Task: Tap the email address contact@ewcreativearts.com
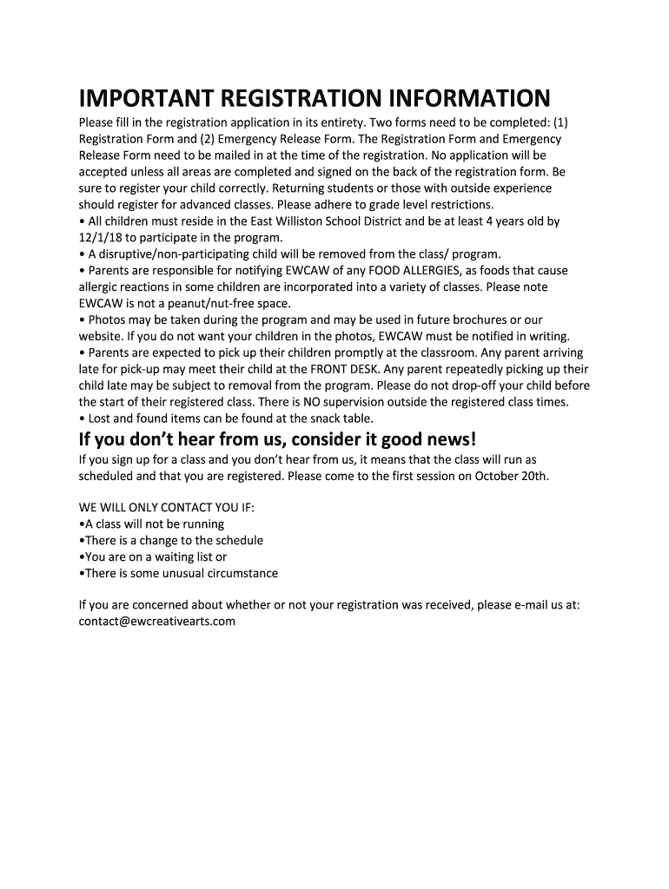click(157, 622)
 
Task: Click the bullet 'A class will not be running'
click(151, 524)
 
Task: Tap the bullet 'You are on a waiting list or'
click(153, 556)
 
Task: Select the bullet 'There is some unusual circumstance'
click(178, 573)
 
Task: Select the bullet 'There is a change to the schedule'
click(171, 540)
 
